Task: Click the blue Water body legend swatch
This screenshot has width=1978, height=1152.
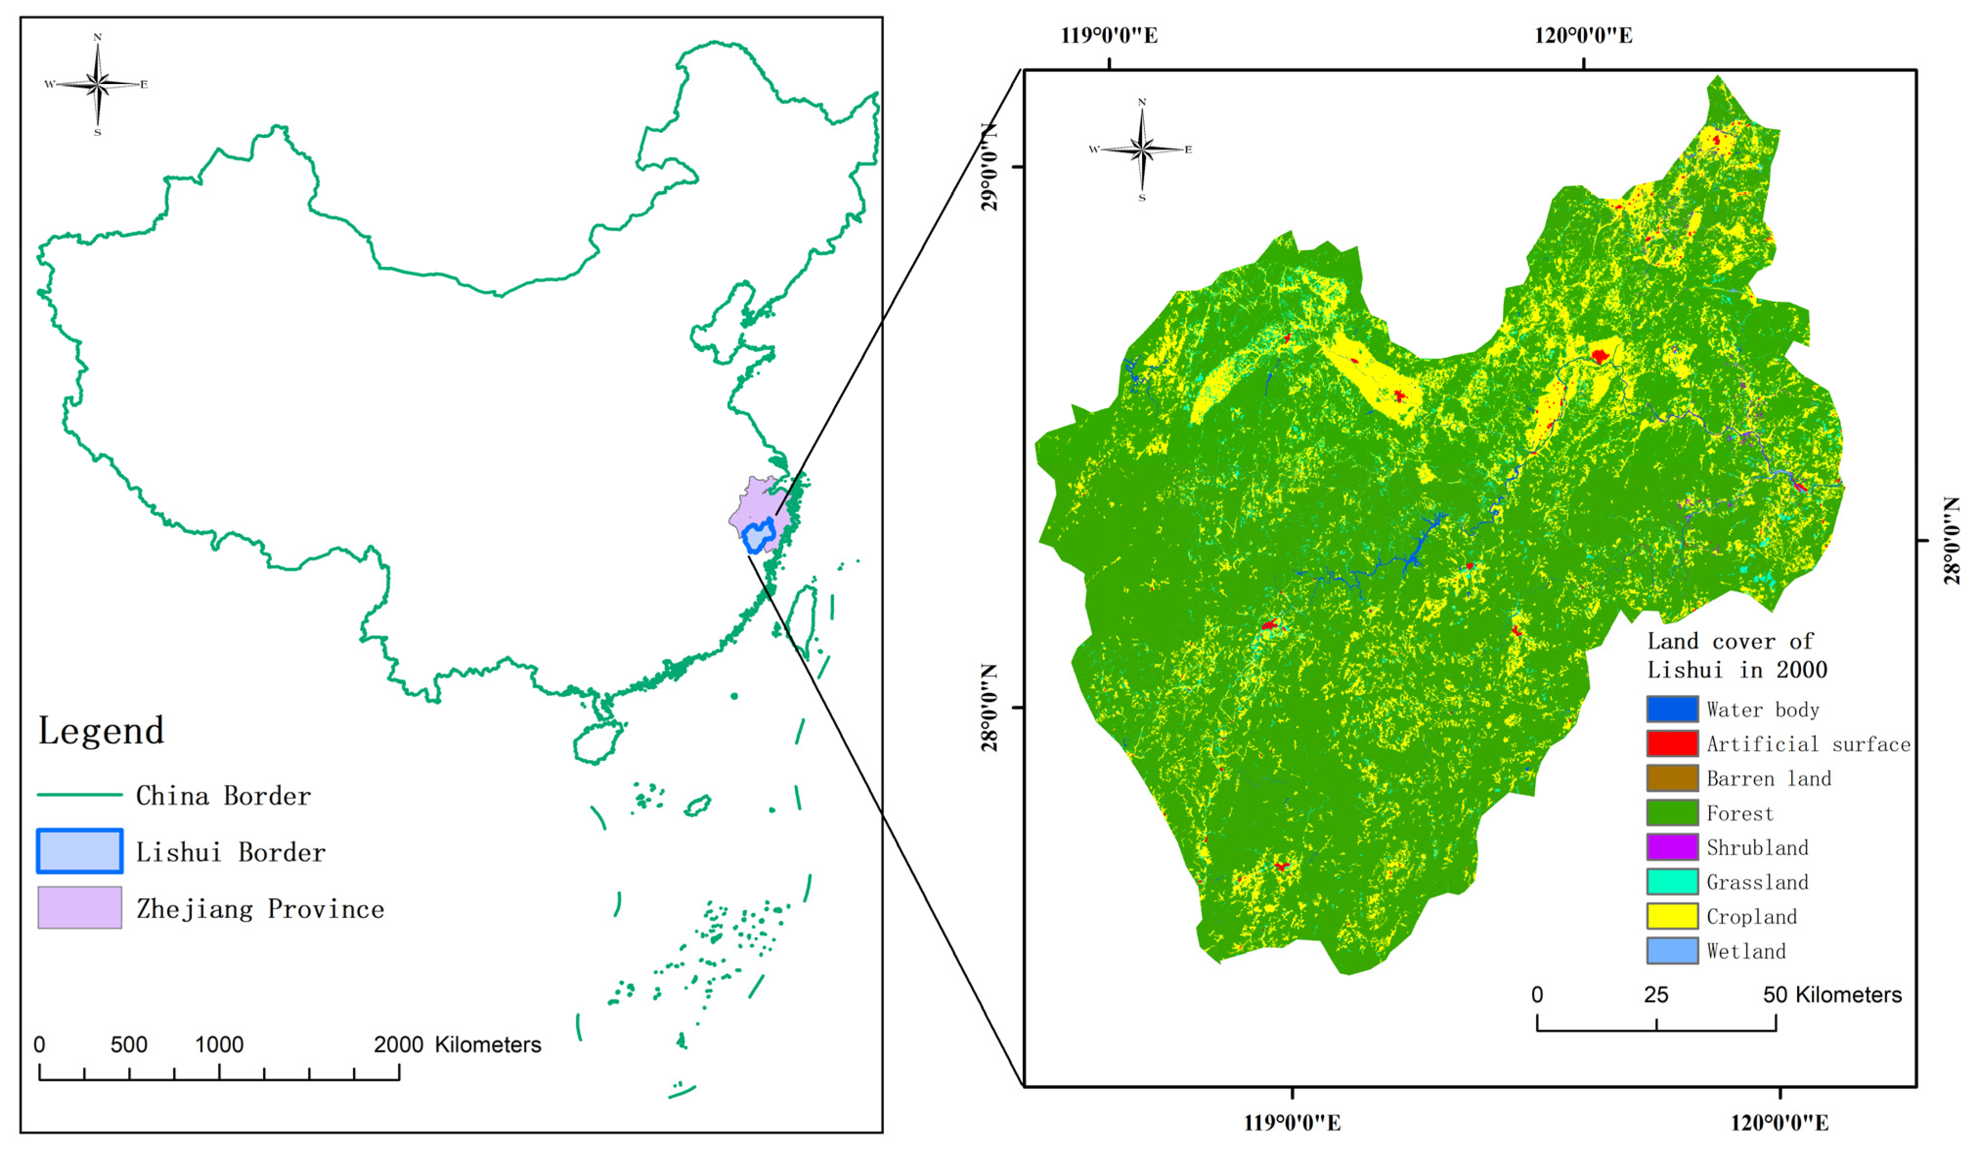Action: (x=1672, y=709)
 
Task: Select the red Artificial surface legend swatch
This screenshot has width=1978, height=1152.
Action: (x=1672, y=743)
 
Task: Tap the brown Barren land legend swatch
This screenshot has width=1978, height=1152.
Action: (x=1672, y=778)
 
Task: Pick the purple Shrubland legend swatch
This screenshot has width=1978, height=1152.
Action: (x=1672, y=847)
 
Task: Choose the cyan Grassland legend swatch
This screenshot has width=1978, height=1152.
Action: (x=1672, y=881)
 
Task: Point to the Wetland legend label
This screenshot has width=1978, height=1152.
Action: (x=1746, y=951)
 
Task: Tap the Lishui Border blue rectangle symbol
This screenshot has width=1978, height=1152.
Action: (x=79, y=850)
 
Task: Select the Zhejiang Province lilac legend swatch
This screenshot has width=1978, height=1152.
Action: (x=79, y=907)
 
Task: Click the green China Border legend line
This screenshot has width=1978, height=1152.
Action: (x=79, y=795)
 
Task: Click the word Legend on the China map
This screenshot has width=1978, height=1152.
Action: (x=101, y=731)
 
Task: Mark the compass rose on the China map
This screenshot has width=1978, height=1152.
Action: (x=97, y=83)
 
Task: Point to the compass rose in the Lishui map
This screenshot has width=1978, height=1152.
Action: (x=1142, y=149)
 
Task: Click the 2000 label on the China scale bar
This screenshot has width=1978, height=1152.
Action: (x=398, y=1044)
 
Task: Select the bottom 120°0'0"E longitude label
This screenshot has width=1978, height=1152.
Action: (x=1780, y=1123)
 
